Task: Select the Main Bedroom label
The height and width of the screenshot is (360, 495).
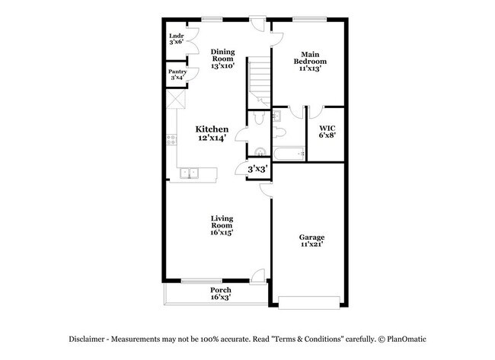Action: (311, 61)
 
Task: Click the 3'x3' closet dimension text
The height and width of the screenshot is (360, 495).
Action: (257, 169)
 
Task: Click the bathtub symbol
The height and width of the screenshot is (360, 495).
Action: (289, 155)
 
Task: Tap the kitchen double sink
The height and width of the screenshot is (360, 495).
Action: (188, 174)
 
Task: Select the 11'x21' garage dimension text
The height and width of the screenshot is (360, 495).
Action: (311, 244)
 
